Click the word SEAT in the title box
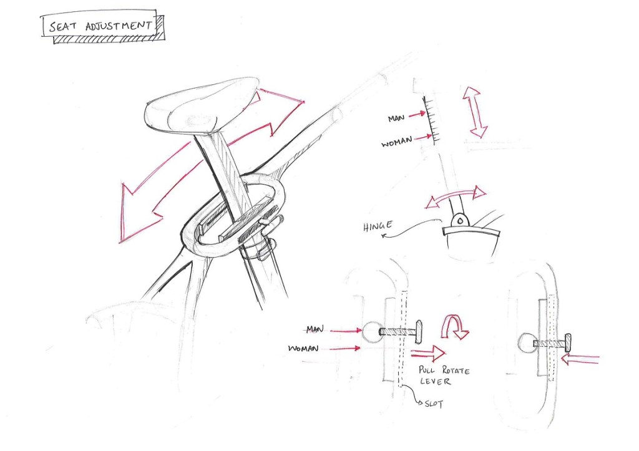tap(62, 27)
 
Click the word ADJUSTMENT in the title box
tap(119, 26)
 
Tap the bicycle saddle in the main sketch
tap(202, 106)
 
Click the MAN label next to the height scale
tap(396, 118)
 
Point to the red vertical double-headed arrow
tap(475, 112)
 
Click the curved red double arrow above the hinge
tap(456, 196)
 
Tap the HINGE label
tap(379, 226)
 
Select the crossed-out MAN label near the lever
tap(315, 329)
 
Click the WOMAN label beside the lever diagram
tap(303, 349)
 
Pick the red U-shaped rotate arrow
tap(454, 326)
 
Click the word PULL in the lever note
tap(427, 370)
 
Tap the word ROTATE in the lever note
tap(456, 371)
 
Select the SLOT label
tap(434, 404)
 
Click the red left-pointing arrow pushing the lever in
tap(580, 359)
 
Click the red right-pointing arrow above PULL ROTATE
tap(428, 353)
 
